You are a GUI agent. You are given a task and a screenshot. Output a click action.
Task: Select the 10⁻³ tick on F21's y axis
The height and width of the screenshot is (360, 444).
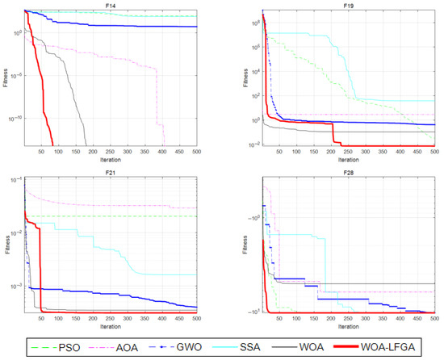click(16, 287)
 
